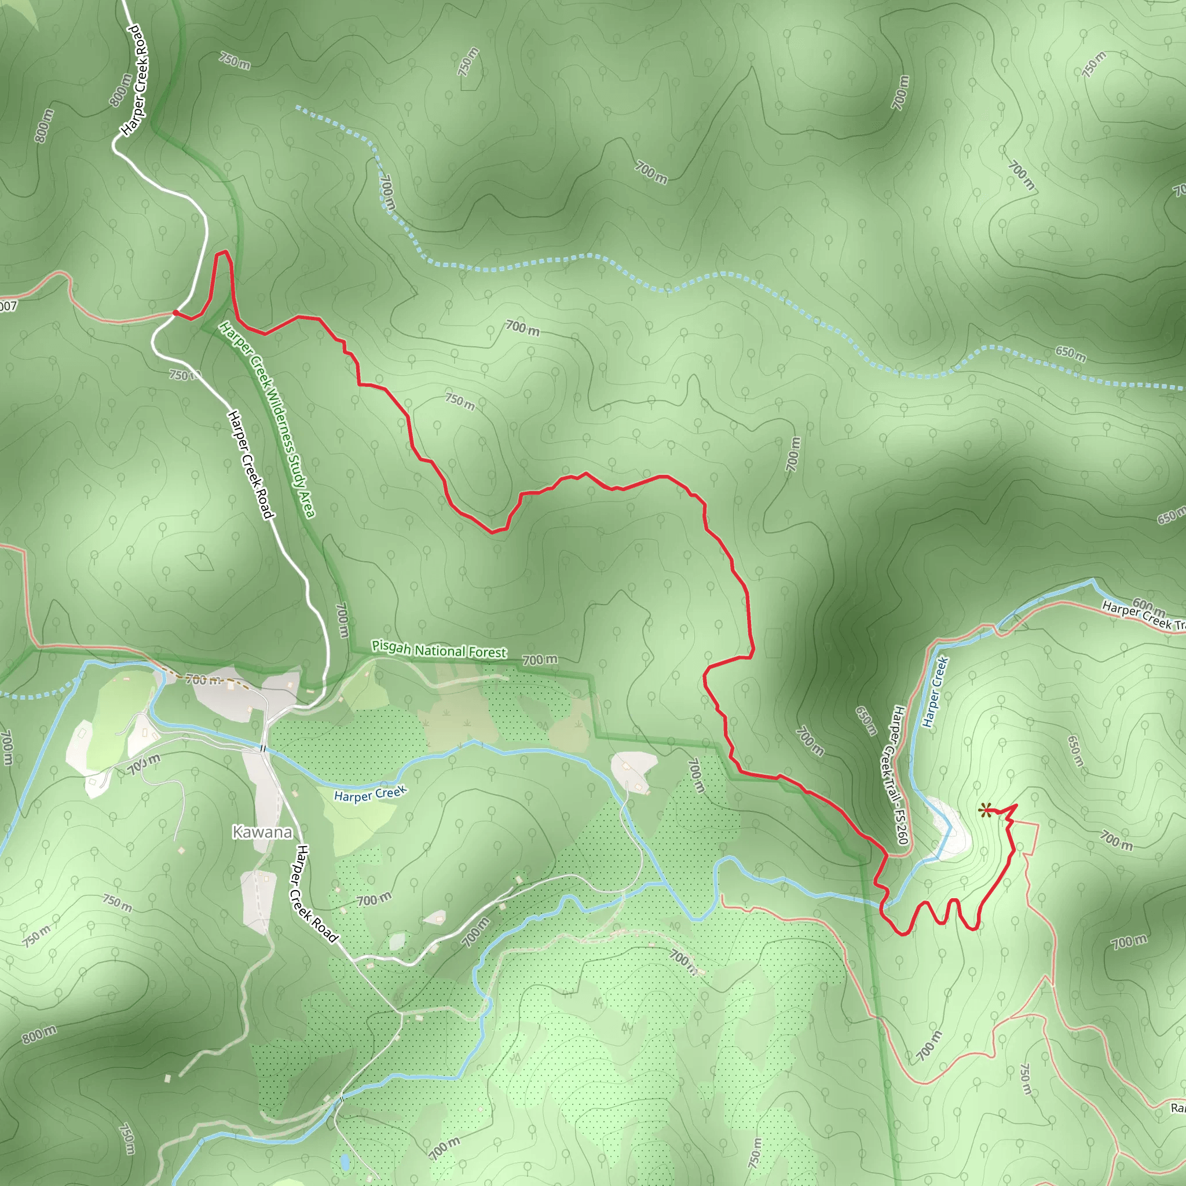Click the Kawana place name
[x=262, y=832]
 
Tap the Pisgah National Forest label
[x=439, y=650]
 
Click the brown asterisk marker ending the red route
[x=985, y=811]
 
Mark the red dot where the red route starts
[x=175, y=313]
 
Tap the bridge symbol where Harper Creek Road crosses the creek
[x=263, y=748]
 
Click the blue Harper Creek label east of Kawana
[x=370, y=794]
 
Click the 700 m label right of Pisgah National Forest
[x=540, y=660]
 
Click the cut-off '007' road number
[x=8, y=306]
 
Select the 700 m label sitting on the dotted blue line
[x=387, y=192]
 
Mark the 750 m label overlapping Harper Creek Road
[x=185, y=375]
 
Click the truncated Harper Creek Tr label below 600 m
[x=1144, y=616]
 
